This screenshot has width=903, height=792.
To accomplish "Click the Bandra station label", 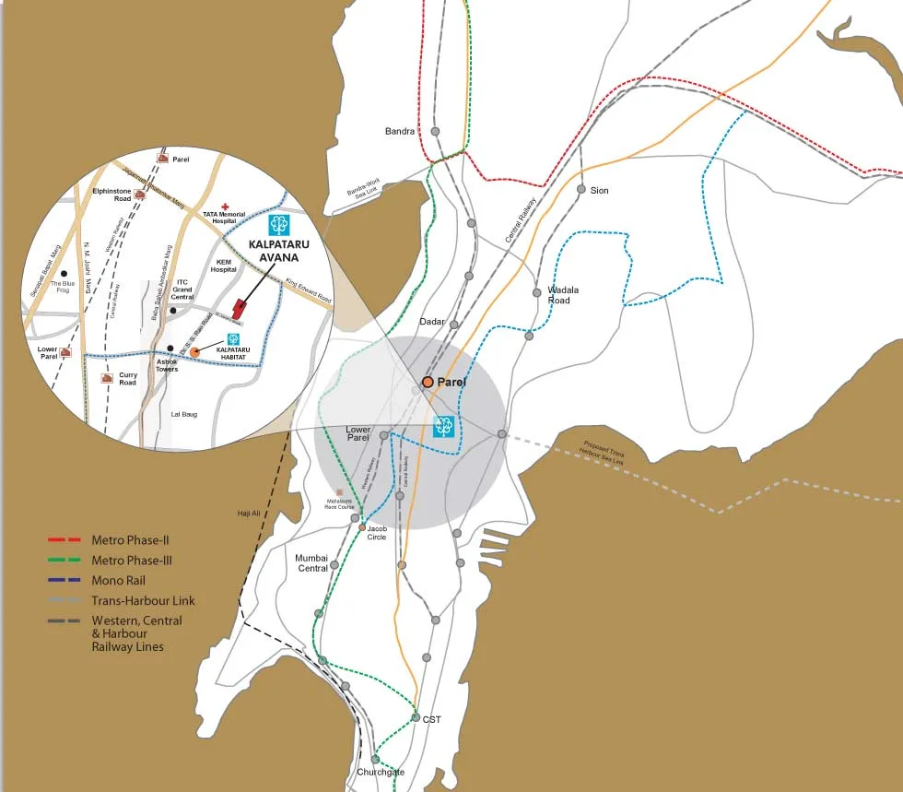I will tap(400, 132).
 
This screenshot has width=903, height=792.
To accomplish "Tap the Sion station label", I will tap(599, 191).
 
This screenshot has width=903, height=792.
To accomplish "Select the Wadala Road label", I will tap(558, 295).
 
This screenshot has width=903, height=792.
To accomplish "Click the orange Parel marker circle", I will tap(428, 382).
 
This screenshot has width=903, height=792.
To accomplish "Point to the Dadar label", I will tap(432, 322).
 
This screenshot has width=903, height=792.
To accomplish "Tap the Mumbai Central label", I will tap(311, 562).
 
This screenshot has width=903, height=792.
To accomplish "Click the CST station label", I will tap(431, 718).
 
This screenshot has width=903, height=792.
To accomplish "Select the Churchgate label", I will tap(381, 773).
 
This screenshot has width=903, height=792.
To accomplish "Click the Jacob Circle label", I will tap(377, 532).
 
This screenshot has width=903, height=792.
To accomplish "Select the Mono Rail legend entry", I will tap(118, 581).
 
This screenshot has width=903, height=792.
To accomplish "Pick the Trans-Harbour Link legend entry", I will tap(143, 601).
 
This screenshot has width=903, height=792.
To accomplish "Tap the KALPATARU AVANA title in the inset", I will tap(277, 252).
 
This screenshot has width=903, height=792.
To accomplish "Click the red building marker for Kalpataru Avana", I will tap(239, 309).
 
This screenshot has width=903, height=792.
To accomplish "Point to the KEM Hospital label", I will tap(224, 265).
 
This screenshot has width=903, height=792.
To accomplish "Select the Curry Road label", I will tap(127, 379).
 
